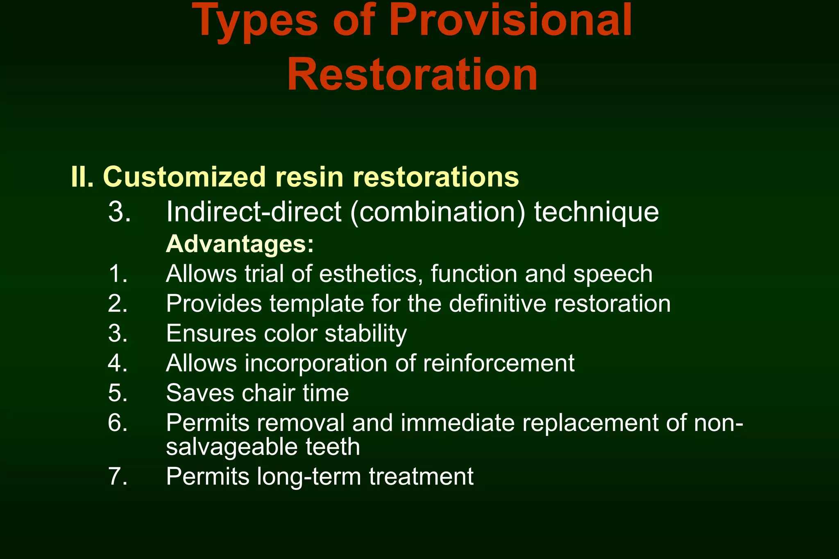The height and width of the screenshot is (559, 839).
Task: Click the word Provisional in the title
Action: point(510,20)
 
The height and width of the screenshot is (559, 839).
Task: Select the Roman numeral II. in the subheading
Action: point(82,177)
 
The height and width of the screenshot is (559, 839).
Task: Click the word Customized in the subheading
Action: point(184,177)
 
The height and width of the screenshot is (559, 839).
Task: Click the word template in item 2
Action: point(317,304)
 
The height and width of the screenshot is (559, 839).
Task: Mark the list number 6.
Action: point(118,423)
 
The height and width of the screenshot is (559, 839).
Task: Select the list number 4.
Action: point(118,363)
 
